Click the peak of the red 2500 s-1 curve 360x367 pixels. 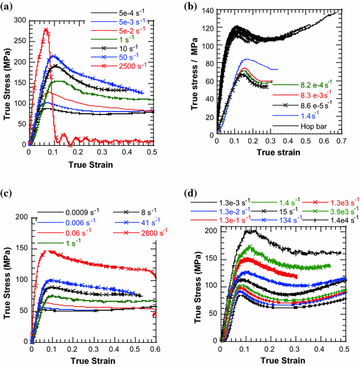45,30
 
